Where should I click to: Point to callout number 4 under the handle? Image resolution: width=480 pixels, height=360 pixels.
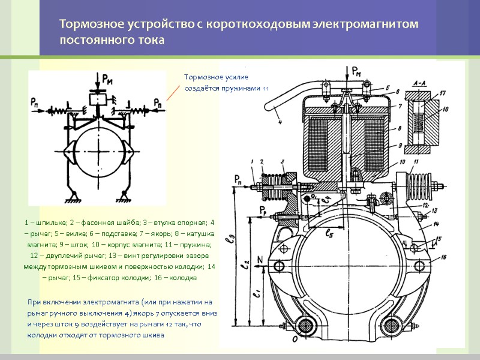(x=280, y=125)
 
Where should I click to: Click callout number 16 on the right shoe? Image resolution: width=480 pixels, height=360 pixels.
(x=443, y=256)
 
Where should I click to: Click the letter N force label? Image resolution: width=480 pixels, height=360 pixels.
(x=260, y=259)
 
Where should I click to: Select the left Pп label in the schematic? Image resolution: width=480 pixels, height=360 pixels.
(x=36, y=102)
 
